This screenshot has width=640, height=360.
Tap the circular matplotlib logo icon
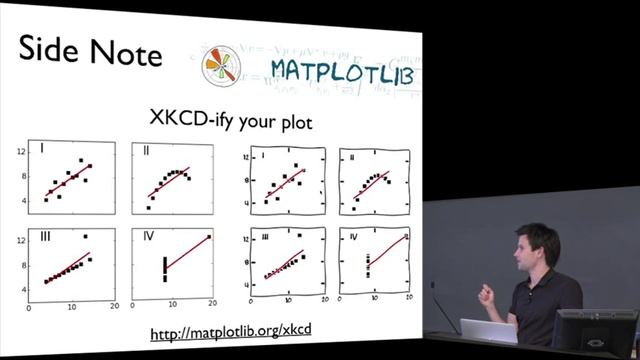pyautogui.click(x=222, y=66)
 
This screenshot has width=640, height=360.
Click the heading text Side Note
pyautogui.click(x=90, y=52)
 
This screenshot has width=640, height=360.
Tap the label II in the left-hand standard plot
pyautogui.click(x=147, y=150)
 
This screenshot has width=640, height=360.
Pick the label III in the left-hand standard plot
pyautogui.click(x=45, y=237)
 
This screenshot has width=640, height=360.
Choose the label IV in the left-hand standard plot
pyautogui.click(x=149, y=237)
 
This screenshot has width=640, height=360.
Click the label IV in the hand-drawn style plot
pyautogui.click(x=353, y=238)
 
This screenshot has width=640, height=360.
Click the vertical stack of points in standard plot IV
pyautogui.click(x=164, y=269)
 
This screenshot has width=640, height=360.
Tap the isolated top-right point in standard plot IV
pyautogui.click(x=208, y=237)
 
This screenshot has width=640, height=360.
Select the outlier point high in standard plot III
pyautogui.click(x=87, y=237)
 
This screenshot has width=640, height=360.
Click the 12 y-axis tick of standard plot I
pyautogui.click(x=20, y=152)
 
